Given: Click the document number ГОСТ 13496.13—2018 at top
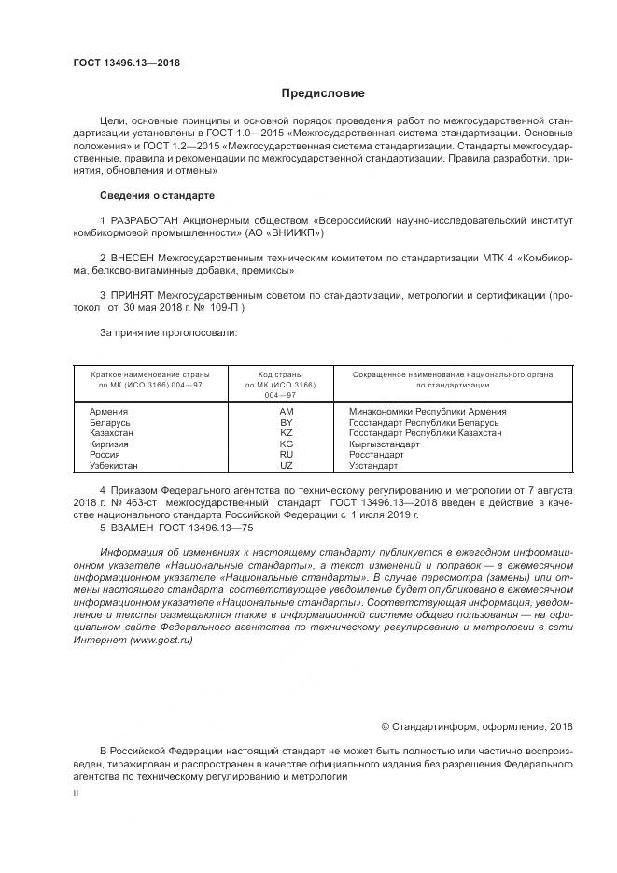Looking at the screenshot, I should (x=126, y=63).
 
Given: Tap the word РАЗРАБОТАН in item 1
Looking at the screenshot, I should (x=147, y=219).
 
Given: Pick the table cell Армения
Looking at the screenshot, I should (x=109, y=412).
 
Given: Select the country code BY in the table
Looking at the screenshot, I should (x=287, y=422).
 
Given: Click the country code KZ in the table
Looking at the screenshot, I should (x=287, y=433).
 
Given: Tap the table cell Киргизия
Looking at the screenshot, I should (x=110, y=444).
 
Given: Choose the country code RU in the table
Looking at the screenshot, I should (x=287, y=455).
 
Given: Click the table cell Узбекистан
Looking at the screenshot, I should (x=114, y=465).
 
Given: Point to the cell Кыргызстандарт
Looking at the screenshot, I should (x=384, y=444).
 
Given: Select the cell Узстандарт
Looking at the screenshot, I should (x=373, y=465).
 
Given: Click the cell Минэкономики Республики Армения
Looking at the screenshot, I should (x=428, y=412).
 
